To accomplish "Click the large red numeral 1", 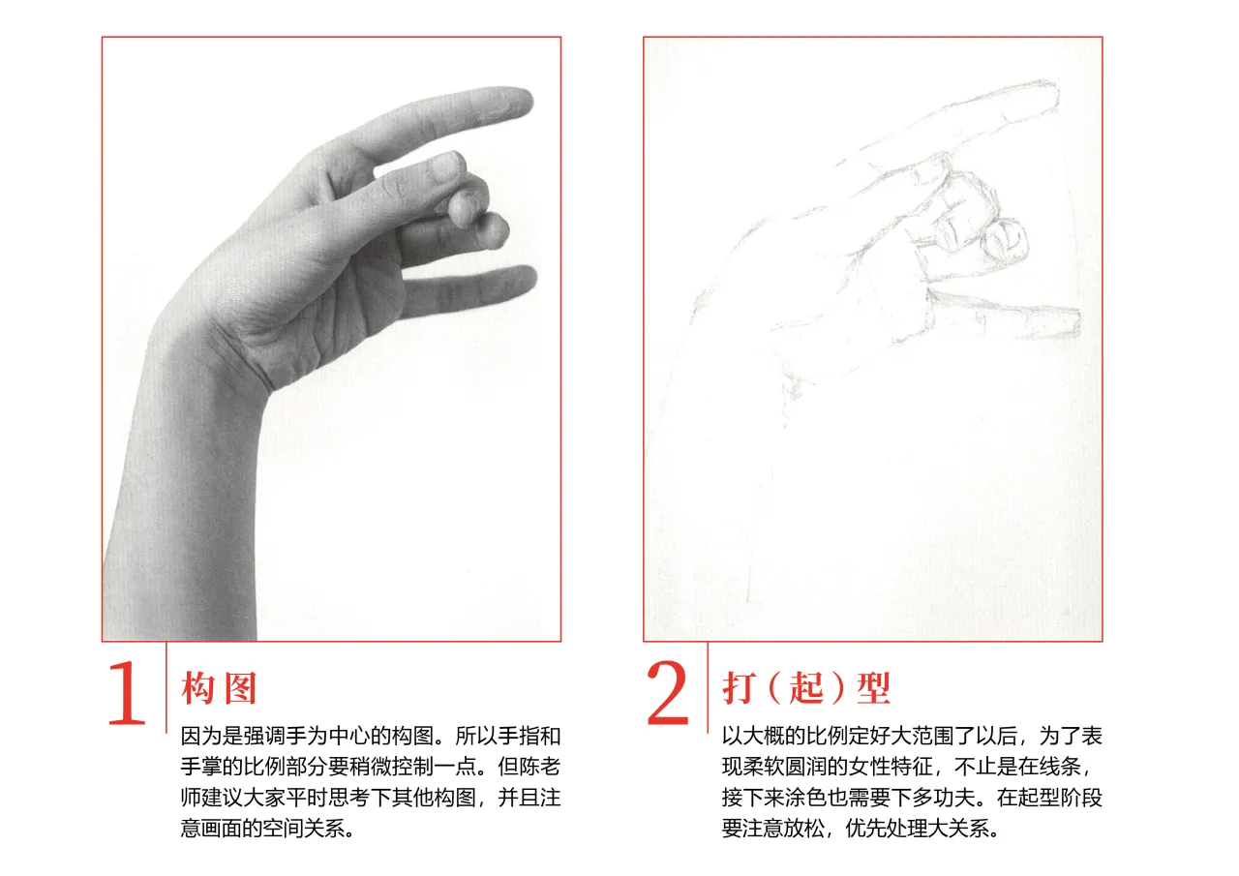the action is click(x=127, y=692).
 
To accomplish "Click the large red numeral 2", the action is click(x=668, y=692).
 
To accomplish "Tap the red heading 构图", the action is click(x=219, y=688).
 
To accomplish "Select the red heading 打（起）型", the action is click(x=806, y=688).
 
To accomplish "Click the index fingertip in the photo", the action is click(x=523, y=102).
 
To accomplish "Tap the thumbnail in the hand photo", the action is click(x=446, y=166).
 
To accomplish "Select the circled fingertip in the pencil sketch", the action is click(x=1007, y=241).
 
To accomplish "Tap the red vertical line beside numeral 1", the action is click(x=166, y=687).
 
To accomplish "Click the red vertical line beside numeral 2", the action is click(x=708, y=687).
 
